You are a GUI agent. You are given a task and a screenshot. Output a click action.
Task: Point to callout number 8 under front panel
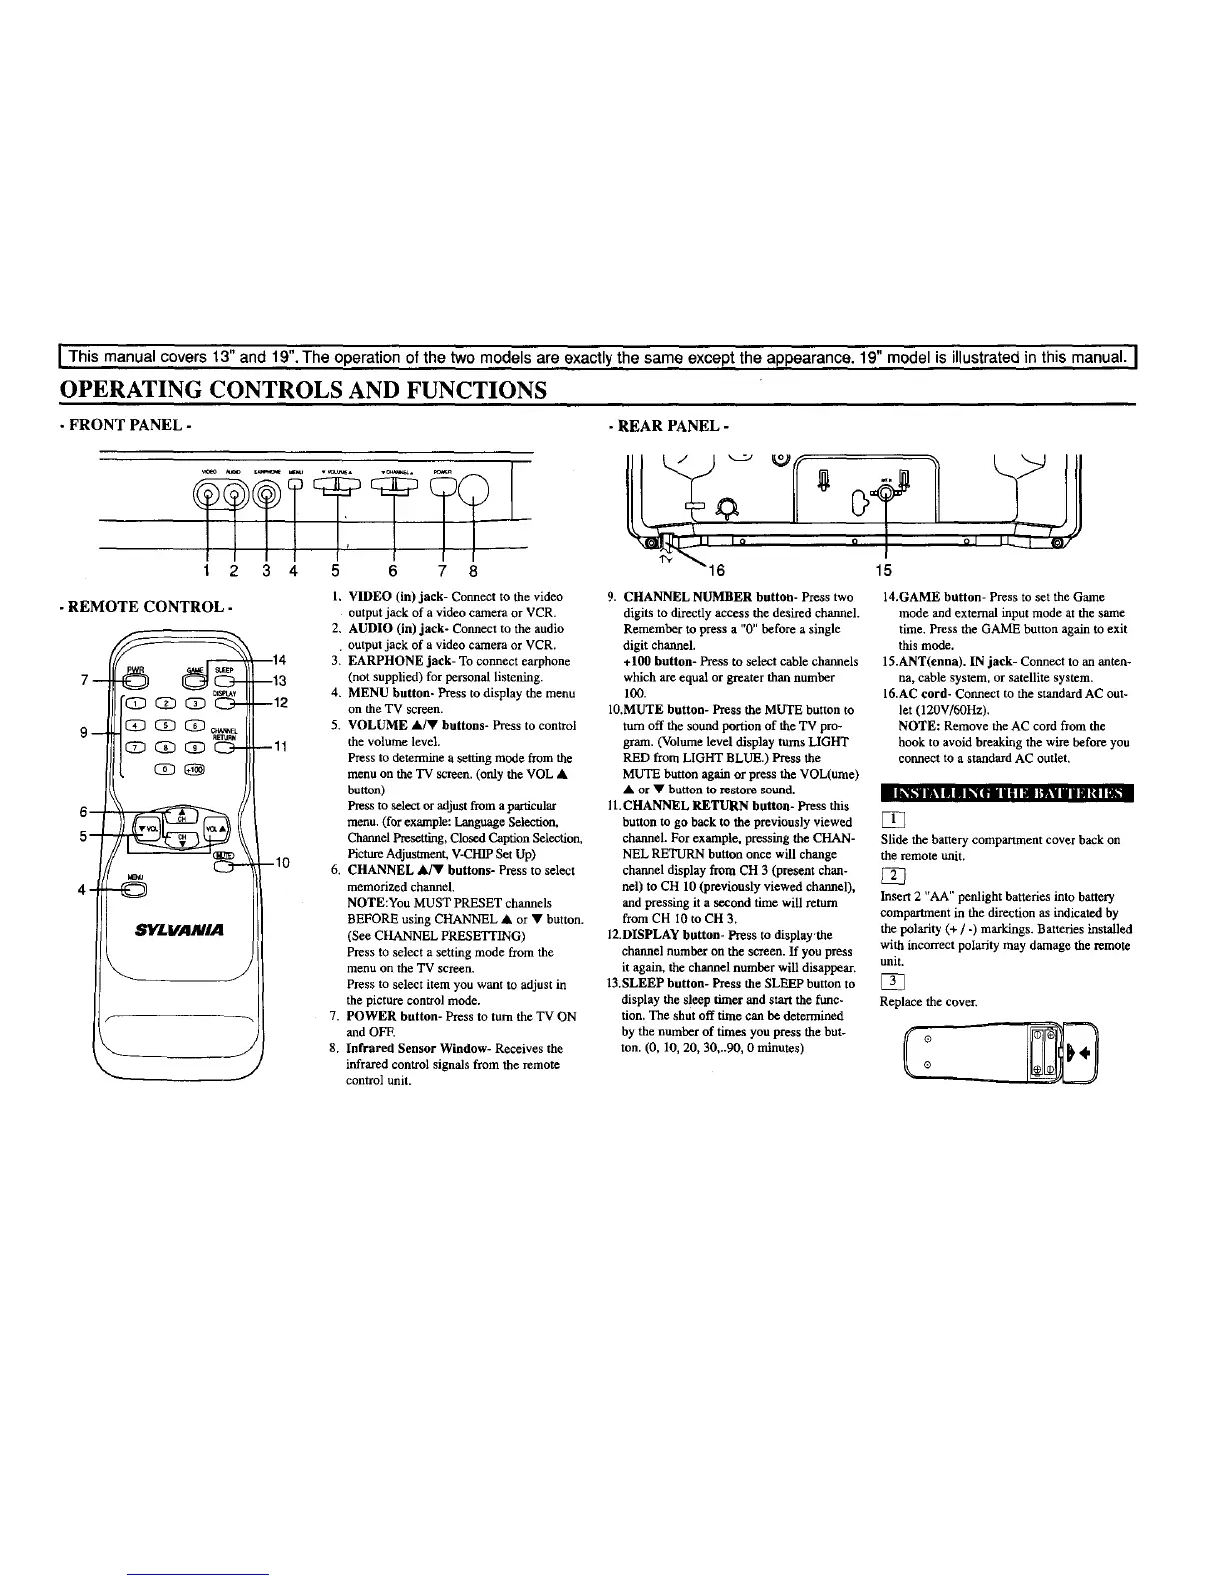point(473,571)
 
